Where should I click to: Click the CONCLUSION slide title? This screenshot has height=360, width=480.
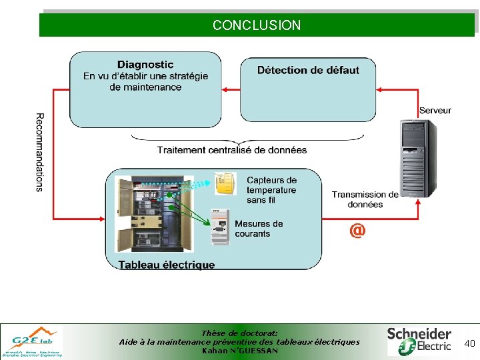[x=257, y=25]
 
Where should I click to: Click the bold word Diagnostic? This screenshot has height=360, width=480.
[x=145, y=65]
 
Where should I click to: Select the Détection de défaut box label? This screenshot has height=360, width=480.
[x=308, y=70]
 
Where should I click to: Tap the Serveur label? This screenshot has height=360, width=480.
[x=435, y=110]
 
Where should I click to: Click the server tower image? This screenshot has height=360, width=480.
[x=419, y=157]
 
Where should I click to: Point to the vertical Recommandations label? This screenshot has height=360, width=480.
[x=39, y=153]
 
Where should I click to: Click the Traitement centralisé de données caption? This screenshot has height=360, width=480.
[x=232, y=150]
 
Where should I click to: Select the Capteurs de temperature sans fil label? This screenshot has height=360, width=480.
[x=271, y=189]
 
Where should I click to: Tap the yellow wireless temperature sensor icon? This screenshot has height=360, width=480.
[x=225, y=183]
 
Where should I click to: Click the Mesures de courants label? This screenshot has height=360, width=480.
[x=259, y=229]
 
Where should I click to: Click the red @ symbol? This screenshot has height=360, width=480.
[x=357, y=230]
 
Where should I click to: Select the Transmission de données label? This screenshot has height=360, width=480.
[x=365, y=199]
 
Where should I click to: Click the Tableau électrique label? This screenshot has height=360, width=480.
[x=167, y=265]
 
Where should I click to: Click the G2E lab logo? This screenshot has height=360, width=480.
[x=32, y=341]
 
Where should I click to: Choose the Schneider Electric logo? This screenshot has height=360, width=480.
[x=420, y=341]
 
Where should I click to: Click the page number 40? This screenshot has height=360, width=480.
[x=469, y=343]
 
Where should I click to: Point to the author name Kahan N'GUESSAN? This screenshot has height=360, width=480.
[x=239, y=351]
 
